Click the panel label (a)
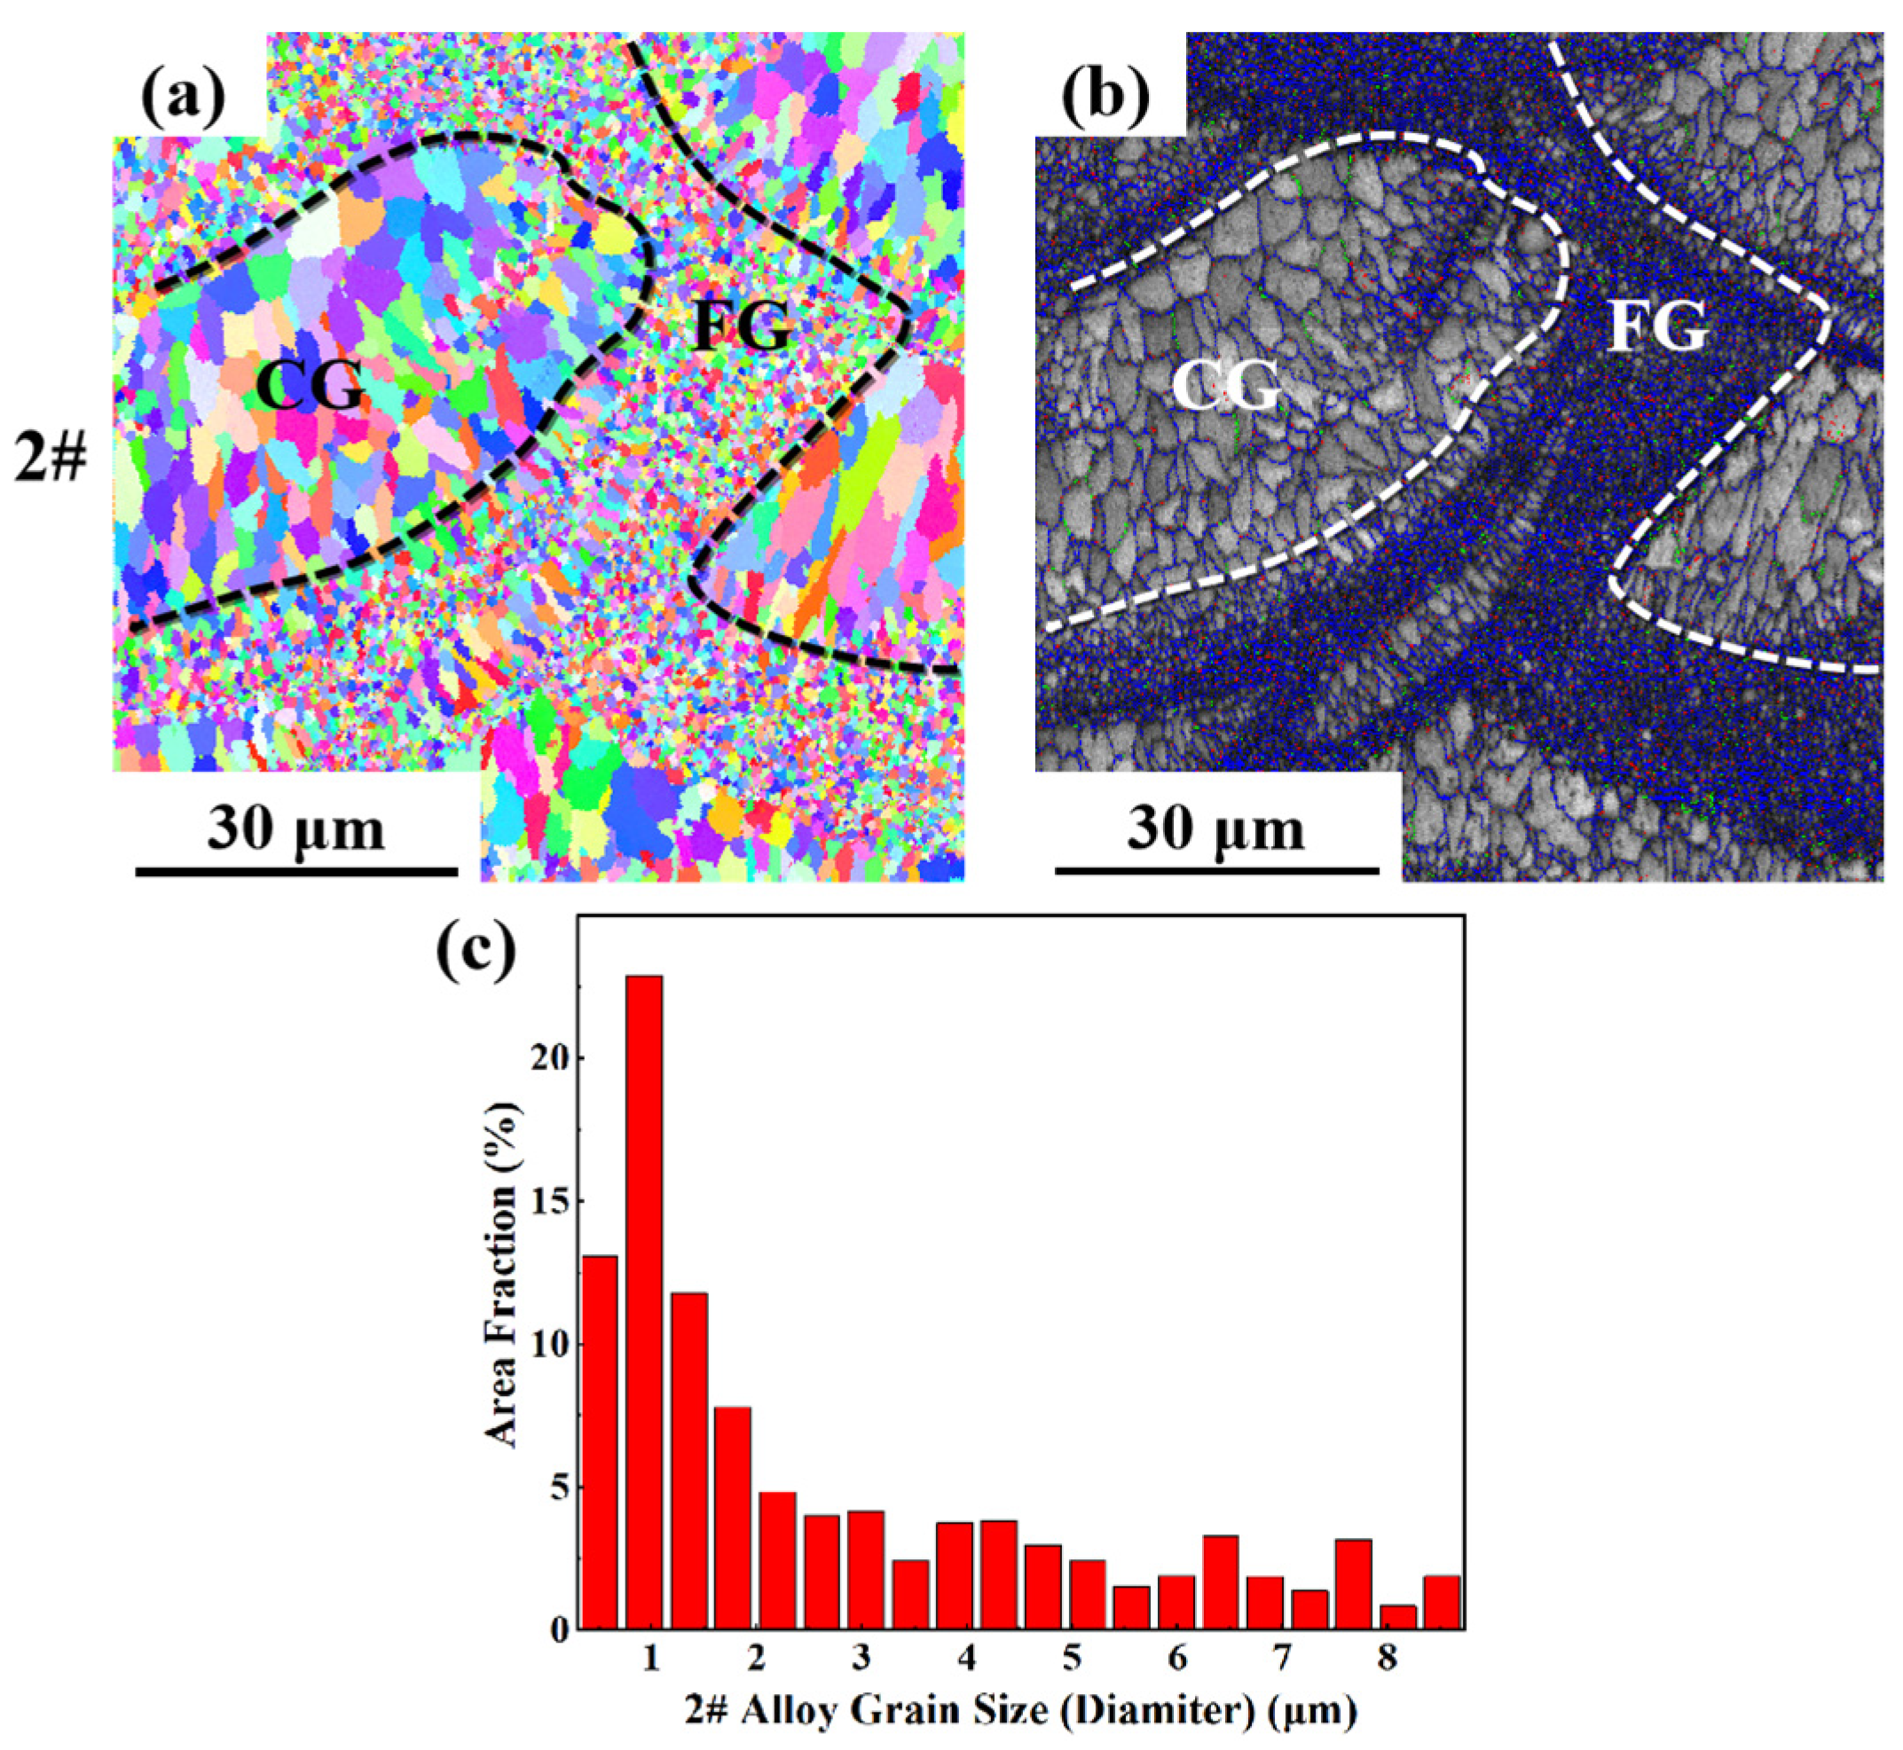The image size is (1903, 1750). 183,97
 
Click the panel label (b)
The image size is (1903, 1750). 1105,97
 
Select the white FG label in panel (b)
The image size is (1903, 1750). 1660,328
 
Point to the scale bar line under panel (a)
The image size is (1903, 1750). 296,870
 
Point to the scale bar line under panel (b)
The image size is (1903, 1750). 1216,870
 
